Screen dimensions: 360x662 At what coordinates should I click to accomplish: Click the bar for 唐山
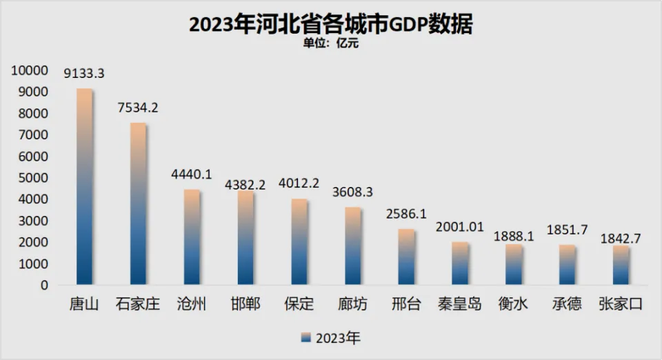[84, 187]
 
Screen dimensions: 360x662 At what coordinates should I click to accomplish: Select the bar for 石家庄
[138, 204]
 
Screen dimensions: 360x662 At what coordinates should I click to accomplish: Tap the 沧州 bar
[192, 237]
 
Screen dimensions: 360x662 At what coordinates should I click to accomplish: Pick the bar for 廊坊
[352, 246]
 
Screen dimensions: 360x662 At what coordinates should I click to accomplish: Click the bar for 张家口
[621, 266]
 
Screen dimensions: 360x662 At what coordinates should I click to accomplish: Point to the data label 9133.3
[84, 73]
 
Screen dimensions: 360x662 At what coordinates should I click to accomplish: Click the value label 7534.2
[138, 108]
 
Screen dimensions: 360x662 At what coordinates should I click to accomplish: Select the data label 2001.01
[460, 228]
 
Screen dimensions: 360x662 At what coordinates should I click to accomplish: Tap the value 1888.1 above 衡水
[513, 237]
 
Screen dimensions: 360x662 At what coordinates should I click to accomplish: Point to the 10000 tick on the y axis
[28, 70]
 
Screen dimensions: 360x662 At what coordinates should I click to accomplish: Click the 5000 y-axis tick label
[32, 178]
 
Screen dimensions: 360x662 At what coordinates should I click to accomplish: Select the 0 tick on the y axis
[44, 285]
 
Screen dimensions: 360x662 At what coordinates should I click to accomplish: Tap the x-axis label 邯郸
[245, 304]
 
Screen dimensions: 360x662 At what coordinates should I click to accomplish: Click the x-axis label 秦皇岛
[460, 304]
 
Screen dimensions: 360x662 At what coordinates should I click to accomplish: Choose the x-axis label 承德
[567, 304]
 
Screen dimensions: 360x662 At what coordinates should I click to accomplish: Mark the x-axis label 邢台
[406, 304]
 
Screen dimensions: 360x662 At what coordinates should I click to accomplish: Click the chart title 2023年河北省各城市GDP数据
[331, 25]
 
